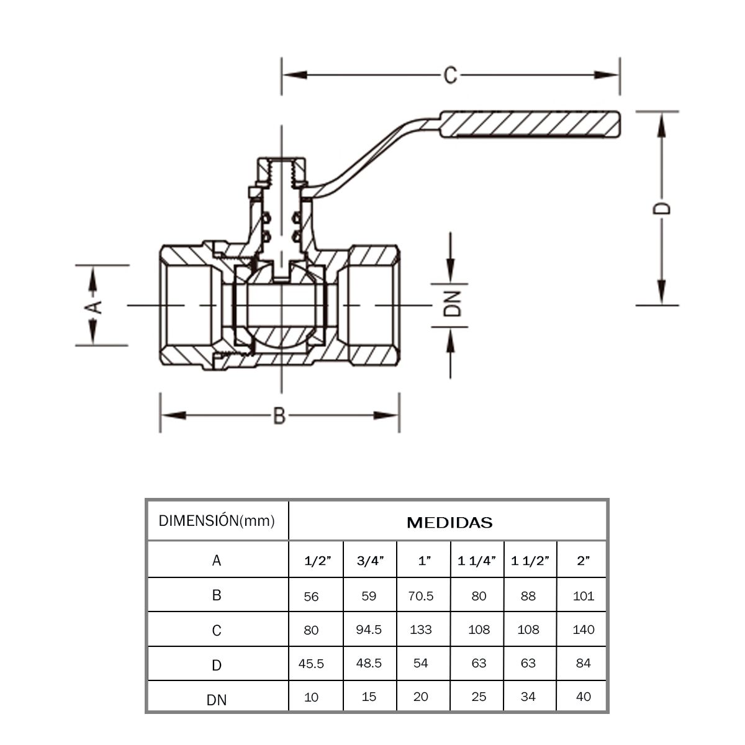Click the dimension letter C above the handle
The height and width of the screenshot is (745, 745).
[450, 75]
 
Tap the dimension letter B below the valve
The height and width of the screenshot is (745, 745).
[279, 415]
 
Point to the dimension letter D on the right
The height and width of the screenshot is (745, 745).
[662, 207]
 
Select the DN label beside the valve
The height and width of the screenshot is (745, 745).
[454, 304]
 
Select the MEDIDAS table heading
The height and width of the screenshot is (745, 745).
[449, 523]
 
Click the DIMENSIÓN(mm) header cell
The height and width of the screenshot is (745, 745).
[217, 521]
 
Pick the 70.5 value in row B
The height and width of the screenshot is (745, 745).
[421, 597]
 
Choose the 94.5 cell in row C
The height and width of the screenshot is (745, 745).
[369, 630]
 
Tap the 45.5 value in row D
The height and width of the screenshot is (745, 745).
[311, 664]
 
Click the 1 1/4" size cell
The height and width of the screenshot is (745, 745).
[477, 561]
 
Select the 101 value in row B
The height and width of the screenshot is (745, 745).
[584, 597]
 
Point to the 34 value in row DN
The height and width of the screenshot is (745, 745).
[528, 697]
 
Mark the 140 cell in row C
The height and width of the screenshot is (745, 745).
[584, 630]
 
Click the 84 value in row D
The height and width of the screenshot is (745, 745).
[584, 663]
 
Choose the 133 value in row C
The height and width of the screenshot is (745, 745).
[421, 630]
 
